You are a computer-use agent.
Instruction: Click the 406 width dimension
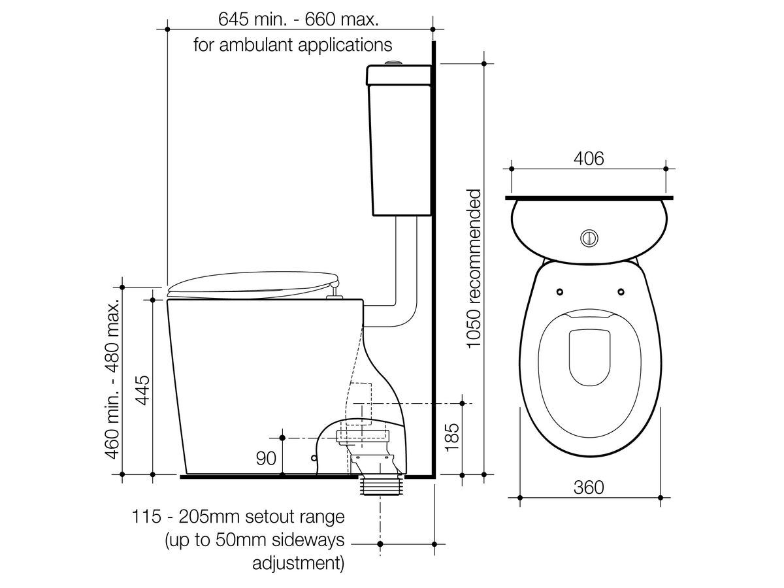[x=589, y=158]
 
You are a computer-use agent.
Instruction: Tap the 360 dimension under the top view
[x=589, y=487]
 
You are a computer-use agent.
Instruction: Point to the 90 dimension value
[x=266, y=459]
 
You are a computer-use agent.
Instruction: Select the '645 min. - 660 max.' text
[x=299, y=19]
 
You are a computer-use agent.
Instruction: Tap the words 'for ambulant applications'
[x=293, y=45]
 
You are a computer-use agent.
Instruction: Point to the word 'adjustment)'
[x=298, y=563]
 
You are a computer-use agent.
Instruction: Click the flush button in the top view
[x=589, y=238]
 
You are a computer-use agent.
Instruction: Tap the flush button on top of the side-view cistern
[x=393, y=63]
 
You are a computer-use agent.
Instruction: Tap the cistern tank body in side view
[x=400, y=150]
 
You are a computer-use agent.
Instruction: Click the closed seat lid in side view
[x=252, y=285]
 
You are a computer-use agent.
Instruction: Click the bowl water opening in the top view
[x=589, y=357]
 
